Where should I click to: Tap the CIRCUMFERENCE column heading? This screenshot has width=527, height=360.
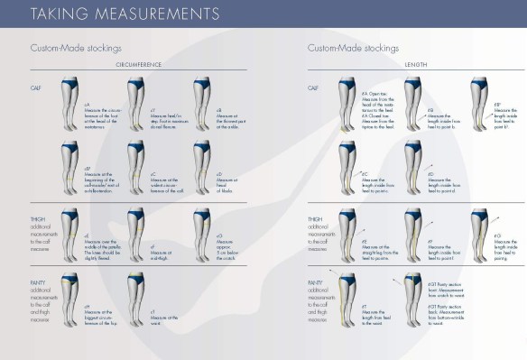140,64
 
